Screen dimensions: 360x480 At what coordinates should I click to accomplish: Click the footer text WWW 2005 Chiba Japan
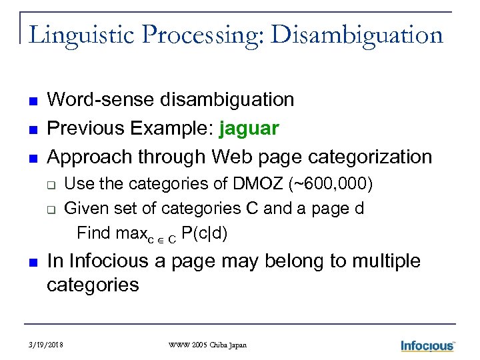pyautogui.click(x=207, y=345)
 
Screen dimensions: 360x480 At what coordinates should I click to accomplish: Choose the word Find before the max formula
pyautogui.click(x=93, y=233)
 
